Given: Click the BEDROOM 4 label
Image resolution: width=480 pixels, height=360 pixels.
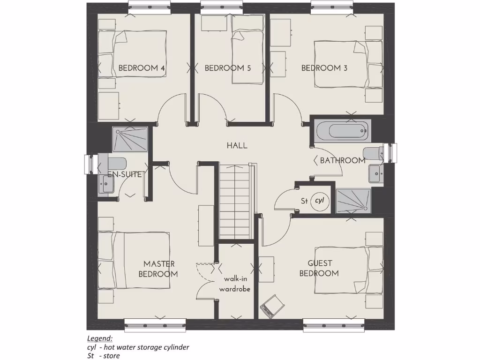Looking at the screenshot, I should point(141,68).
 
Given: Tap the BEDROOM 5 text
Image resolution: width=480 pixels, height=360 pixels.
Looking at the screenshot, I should point(227,68).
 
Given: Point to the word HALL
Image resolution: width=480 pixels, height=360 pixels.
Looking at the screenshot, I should point(237,146).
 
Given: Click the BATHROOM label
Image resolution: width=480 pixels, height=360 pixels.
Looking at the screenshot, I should point(342,161).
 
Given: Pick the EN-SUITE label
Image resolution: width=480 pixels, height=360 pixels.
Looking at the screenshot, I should point(125,174).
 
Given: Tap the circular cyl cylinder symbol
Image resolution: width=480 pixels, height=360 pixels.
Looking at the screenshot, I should point(320,201).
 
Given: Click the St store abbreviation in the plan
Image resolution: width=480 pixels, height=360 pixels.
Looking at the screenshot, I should point(304,202).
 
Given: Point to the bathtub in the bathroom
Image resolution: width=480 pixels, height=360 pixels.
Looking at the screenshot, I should point(342,131).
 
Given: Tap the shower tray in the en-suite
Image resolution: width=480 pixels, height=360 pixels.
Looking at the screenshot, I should point(130,139).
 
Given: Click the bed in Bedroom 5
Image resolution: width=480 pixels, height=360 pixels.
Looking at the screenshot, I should point(247,56).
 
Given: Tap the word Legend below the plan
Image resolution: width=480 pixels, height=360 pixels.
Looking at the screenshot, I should point(100,338).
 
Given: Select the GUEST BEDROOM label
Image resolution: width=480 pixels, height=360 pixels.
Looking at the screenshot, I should point(319,269).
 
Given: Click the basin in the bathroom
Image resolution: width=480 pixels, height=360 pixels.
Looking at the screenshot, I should point(376,173).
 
